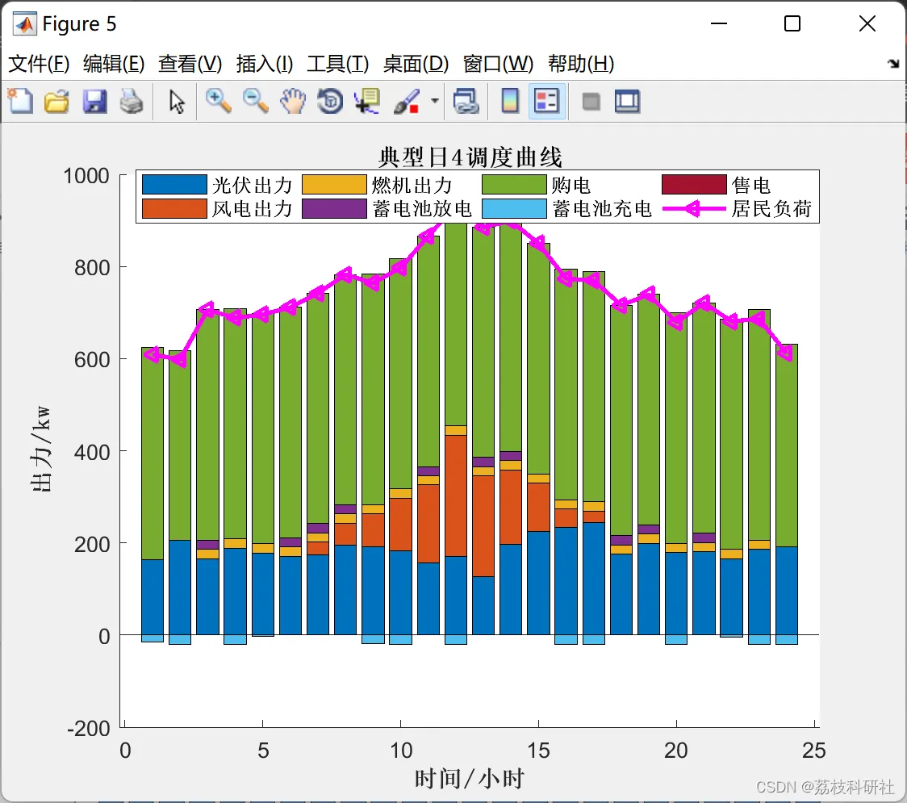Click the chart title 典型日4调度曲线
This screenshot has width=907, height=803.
(x=470, y=157)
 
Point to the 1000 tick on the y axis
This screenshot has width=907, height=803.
(x=89, y=175)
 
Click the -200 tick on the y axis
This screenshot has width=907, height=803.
(x=89, y=729)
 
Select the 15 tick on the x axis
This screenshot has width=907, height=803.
(x=538, y=751)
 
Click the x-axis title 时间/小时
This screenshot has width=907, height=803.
(x=470, y=779)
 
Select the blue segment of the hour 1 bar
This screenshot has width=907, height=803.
(x=153, y=597)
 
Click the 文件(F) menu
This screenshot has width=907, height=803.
(x=39, y=64)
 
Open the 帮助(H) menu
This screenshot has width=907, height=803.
(x=581, y=64)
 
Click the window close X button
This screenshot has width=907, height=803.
(x=867, y=24)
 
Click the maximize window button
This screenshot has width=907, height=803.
(x=792, y=24)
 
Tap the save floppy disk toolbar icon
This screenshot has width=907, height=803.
(x=94, y=102)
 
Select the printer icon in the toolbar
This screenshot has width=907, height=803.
(x=132, y=102)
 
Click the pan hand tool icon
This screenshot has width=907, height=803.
(x=293, y=102)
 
